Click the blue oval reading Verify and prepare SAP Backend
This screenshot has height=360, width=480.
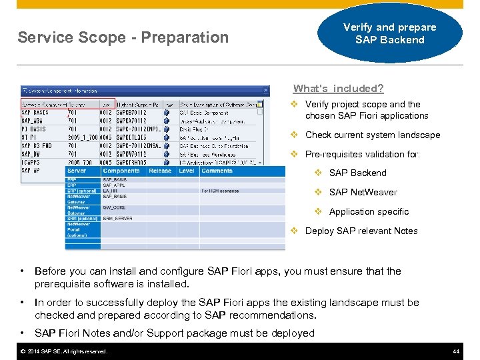click(389, 33)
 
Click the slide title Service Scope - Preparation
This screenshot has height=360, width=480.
click(123, 37)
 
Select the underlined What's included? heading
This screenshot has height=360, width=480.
click(338, 89)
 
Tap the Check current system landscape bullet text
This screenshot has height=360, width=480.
click(372, 135)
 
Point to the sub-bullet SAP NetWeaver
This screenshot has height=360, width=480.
click(363, 192)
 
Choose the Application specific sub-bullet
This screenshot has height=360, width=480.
click(369, 211)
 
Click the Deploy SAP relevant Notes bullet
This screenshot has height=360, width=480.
click(361, 231)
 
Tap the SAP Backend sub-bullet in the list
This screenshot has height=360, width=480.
click(357, 173)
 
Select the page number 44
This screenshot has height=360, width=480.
click(456, 351)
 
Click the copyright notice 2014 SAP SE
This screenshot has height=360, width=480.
click(64, 351)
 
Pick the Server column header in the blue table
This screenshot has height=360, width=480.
click(77, 171)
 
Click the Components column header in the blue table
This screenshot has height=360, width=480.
click(121, 171)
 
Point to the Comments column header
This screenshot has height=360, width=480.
click(217, 171)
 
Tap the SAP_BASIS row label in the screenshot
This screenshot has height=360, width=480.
click(35, 113)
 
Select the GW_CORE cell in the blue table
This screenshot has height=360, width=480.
click(115, 207)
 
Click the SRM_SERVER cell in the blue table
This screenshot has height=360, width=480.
click(118, 218)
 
